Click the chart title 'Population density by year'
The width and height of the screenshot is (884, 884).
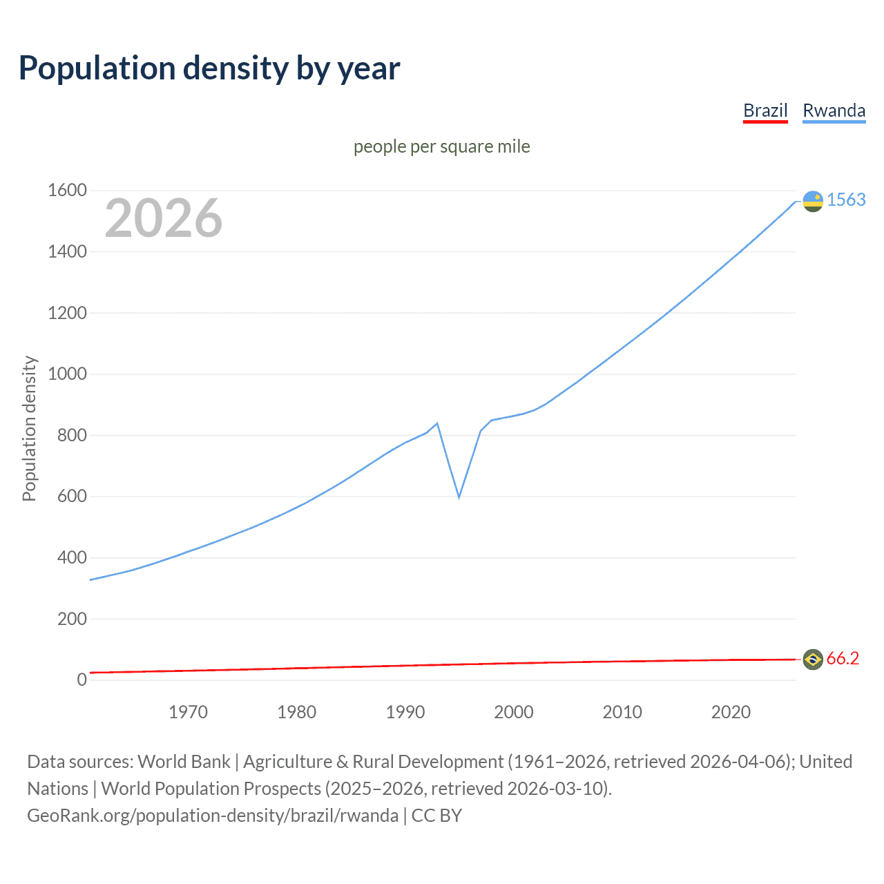(x=209, y=68)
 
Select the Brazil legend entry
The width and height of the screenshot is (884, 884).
(x=765, y=110)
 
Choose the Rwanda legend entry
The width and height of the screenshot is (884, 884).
(x=834, y=110)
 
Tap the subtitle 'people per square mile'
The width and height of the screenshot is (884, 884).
(x=442, y=146)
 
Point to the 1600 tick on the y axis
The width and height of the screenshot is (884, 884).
(x=67, y=190)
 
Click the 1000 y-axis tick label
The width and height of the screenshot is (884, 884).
(x=67, y=374)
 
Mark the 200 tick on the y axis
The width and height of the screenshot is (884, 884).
(x=72, y=619)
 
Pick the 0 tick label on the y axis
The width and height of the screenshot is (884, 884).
(x=81, y=680)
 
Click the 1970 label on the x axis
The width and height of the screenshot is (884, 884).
(x=188, y=712)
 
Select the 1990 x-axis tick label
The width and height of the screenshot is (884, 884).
(x=405, y=712)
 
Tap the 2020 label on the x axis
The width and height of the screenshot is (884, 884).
(x=731, y=712)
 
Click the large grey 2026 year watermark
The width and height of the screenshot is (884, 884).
(x=164, y=218)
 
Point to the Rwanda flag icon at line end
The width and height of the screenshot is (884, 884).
(x=813, y=201)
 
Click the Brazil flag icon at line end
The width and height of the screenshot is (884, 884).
(x=813, y=660)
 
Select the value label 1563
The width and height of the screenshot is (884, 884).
(x=846, y=200)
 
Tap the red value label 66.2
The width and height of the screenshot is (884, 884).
(x=843, y=659)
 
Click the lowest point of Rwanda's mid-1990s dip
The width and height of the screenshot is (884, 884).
(x=459, y=497)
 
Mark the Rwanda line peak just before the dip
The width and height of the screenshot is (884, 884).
(x=437, y=423)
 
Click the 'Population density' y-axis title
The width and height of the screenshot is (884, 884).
(x=29, y=428)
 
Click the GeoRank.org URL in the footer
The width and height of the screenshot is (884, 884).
(x=213, y=816)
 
